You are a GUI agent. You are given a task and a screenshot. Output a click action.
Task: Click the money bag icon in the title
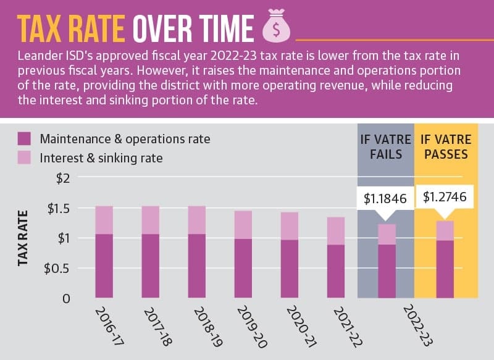tap(276, 25)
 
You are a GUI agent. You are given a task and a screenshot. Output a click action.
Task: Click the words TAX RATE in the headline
tap(71, 28)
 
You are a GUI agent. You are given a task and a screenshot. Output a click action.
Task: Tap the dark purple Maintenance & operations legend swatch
tap(24, 138)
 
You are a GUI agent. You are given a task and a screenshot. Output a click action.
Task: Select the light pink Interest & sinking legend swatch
tap(24, 157)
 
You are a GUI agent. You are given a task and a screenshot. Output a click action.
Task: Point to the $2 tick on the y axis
tap(63, 178)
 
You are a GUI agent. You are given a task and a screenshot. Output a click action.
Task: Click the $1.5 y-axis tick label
tap(58, 209)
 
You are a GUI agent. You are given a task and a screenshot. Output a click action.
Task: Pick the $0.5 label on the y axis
tap(57, 269)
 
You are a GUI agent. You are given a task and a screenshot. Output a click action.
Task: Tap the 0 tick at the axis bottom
tap(66, 298)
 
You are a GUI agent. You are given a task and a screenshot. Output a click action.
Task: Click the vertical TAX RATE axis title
tap(23, 238)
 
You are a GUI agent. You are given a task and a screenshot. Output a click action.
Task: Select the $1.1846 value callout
tap(385, 198)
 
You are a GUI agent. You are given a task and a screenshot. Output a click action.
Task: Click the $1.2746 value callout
tap(445, 196)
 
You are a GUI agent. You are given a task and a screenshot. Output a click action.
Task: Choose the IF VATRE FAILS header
tap(385, 147)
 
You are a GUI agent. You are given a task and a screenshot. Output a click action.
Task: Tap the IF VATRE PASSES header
tap(446, 147)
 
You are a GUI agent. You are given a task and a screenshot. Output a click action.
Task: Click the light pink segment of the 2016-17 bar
tap(104, 220)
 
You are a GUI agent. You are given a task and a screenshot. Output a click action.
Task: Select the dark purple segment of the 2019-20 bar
tap(243, 269)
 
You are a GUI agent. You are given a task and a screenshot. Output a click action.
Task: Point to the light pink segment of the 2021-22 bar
tap(336, 231)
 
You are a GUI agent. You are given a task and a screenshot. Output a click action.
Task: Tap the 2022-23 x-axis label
tap(419, 325)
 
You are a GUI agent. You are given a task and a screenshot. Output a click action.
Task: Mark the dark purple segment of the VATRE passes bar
tap(445, 269)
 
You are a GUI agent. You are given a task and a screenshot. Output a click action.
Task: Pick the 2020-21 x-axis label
tap(301, 327)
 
